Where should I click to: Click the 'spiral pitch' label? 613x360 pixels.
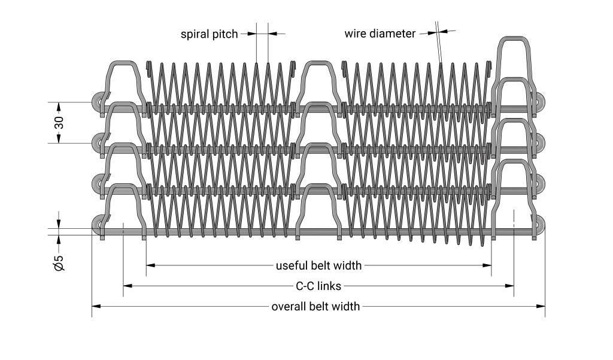210,34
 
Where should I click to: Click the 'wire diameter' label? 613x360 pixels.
380,34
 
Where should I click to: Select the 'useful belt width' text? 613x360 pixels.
318,265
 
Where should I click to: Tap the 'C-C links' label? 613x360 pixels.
318,286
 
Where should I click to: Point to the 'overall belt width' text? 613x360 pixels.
315,307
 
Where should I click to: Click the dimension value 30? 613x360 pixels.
59,123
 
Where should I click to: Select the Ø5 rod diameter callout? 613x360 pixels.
59,262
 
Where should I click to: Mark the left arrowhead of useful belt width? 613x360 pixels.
150,265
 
